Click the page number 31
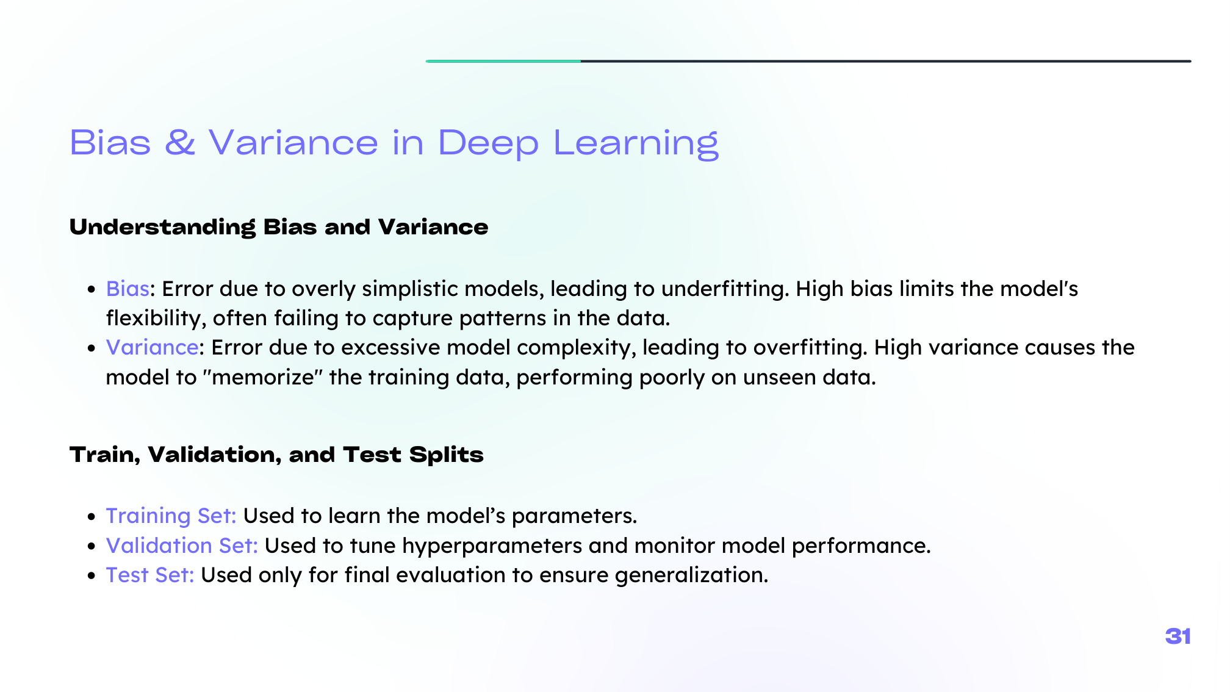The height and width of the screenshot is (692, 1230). pos(1178,636)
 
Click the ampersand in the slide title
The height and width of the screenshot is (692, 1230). pos(180,142)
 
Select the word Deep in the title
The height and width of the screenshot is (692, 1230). pos(488,145)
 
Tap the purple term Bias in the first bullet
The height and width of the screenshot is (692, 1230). pos(128,289)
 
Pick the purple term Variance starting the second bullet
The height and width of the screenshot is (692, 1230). pos(152,347)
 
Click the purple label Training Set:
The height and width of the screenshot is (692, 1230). pos(171,516)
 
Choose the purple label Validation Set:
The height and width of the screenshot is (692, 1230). pos(182,546)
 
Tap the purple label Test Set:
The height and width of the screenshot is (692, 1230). pos(150,575)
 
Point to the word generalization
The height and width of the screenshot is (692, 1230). pos(691,575)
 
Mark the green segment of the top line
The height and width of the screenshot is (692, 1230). pos(503,61)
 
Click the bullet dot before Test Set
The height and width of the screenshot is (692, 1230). pos(92,575)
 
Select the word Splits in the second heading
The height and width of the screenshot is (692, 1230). pos(446,455)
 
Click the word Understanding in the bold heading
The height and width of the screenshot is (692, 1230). pos(162,228)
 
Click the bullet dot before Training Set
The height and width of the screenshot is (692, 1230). pos(92,516)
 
